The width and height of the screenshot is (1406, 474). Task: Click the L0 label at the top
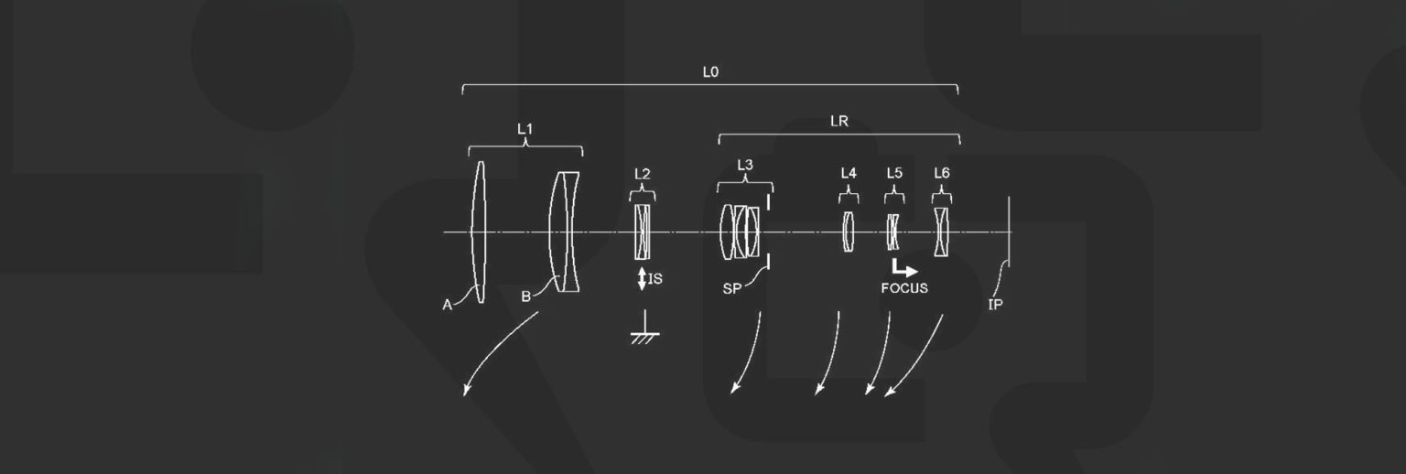click(710, 70)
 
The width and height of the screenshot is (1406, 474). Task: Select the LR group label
click(838, 121)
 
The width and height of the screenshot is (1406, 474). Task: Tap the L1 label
click(525, 130)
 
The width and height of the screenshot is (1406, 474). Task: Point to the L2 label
click(643, 173)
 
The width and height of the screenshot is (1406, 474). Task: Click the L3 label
click(745, 165)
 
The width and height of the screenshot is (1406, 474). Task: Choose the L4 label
click(849, 173)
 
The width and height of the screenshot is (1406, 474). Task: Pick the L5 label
click(894, 173)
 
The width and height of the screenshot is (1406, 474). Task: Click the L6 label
click(942, 173)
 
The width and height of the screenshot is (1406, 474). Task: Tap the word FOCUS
click(904, 288)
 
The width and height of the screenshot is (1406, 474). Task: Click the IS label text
click(655, 279)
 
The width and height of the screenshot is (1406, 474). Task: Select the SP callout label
click(731, 289)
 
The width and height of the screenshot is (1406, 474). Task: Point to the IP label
click(995, 304)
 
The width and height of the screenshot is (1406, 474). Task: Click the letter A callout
click(448, 306)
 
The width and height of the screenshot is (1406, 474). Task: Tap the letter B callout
click(525, 296)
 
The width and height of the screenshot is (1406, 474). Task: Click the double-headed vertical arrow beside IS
click(642, 279)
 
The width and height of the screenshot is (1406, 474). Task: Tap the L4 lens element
click(849, 232)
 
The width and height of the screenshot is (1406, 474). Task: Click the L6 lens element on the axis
click(942, 232)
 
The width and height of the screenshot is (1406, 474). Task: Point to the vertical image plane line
click(1009, 232)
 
